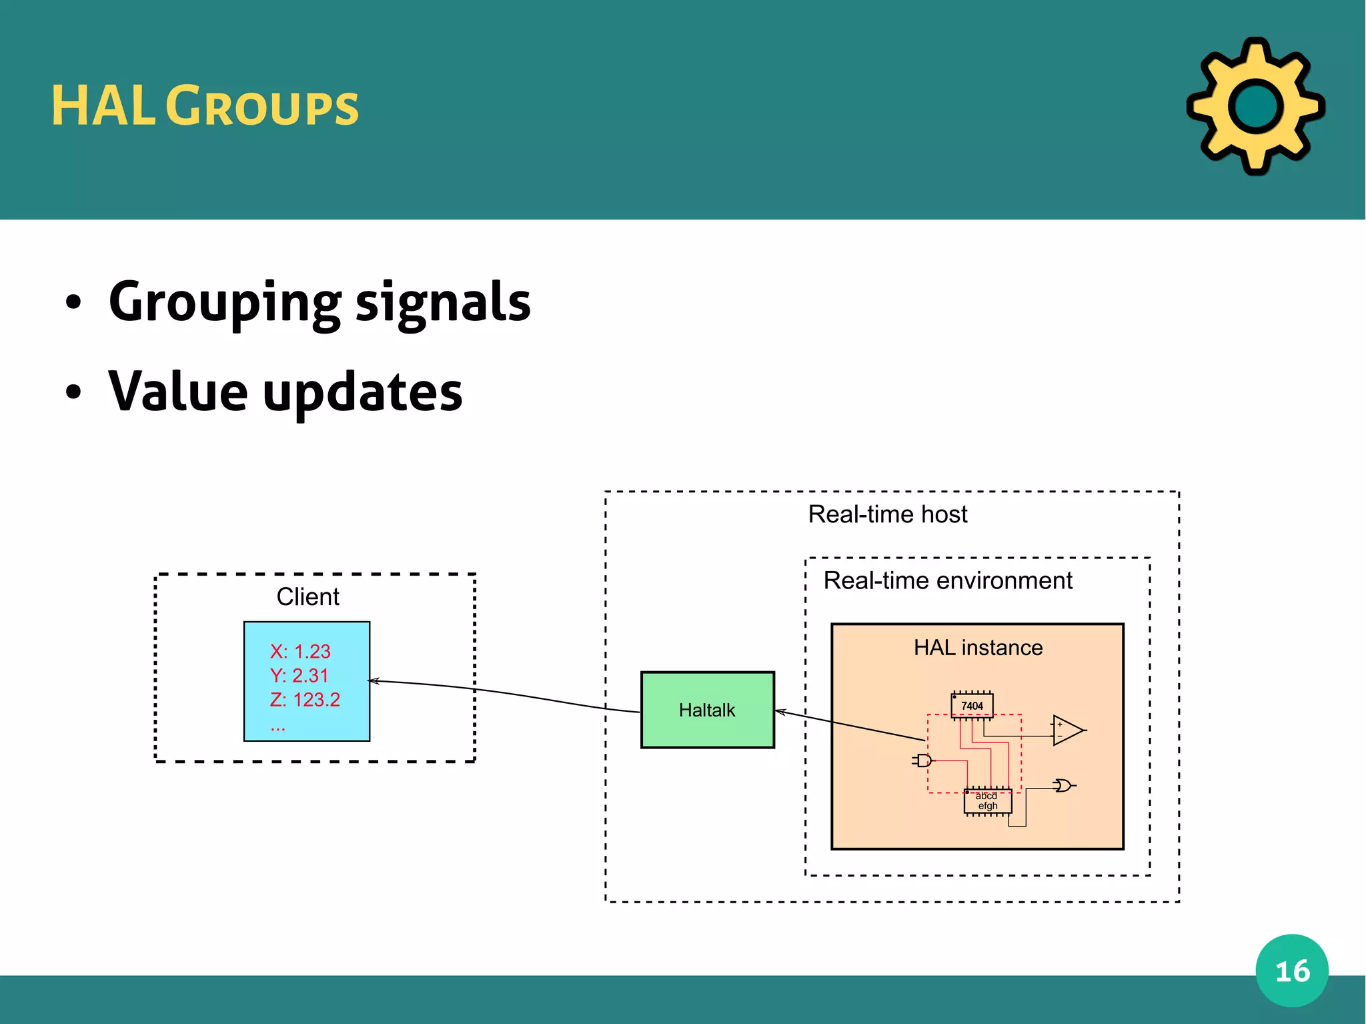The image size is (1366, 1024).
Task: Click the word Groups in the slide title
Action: (262, 107)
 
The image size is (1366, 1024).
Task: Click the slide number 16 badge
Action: (1292, 971)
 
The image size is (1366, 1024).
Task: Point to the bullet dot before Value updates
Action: (73, 392)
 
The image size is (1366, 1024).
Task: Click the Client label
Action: (307, 596)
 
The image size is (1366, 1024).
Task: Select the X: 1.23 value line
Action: (300, 651)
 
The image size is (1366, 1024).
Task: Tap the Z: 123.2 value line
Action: (305, 699)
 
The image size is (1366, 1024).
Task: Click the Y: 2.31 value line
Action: (299, 675)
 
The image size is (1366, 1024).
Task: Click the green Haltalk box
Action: (707, 710)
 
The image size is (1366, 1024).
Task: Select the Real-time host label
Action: (887, 514)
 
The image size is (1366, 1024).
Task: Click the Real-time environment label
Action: (947, 580)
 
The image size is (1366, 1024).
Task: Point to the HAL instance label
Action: (978, 647)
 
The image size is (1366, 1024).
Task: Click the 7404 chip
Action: (972, 706)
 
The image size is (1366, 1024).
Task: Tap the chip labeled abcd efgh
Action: (987, 801)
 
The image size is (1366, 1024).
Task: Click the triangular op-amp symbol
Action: (1067, 730)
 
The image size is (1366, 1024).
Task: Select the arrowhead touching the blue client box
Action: (374, 681)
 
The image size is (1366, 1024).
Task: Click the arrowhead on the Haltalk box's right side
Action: (780, 712)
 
